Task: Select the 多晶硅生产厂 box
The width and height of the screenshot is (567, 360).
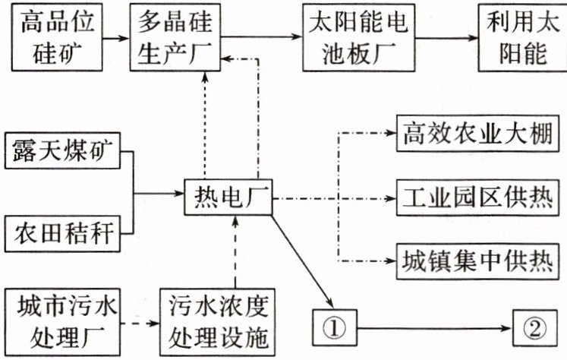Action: (175, 36)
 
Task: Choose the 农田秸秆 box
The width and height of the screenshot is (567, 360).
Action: (61, 233)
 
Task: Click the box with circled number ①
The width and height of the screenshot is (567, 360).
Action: (334, 328)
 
